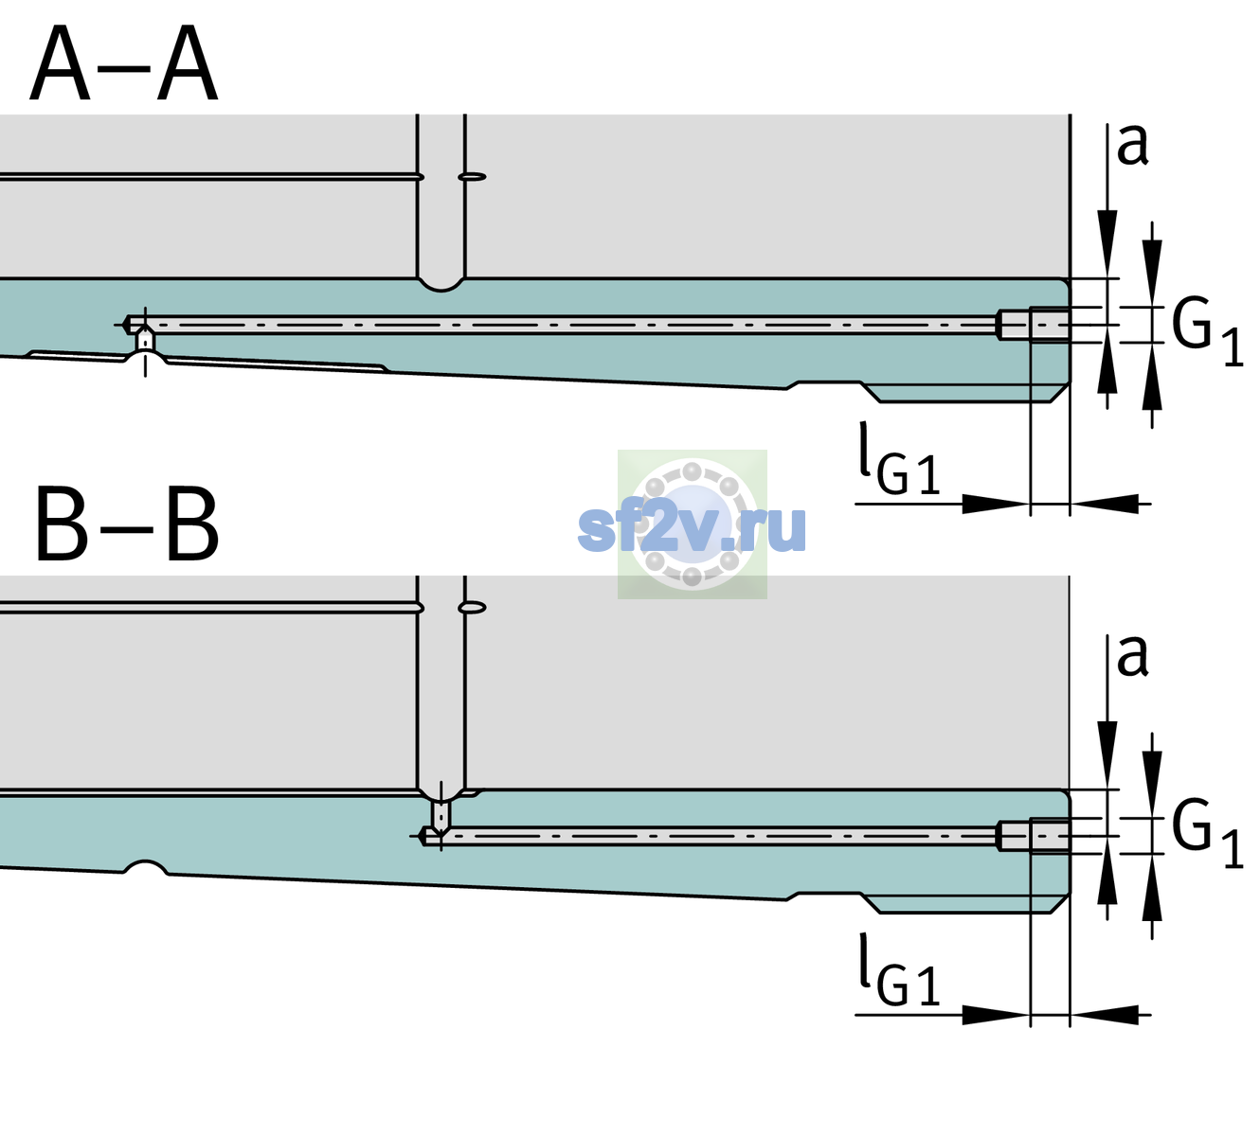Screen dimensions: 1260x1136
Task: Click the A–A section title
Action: (x=124, y=63)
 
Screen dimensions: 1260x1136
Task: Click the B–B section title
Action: (x=127, y=524)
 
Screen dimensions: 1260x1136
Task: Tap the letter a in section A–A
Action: (x=1132, y=146)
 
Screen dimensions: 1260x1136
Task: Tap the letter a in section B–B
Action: (x=1132, y=656)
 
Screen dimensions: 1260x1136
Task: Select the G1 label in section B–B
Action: (x=1207, y=835)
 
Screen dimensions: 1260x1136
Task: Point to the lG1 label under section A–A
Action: (x=899, y=458)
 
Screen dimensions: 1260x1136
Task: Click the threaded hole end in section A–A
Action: (x=1034, y=325)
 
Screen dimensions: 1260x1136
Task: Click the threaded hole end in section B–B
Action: (x=1034, y=836)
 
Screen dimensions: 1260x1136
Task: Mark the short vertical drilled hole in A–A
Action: (x=145, y=341)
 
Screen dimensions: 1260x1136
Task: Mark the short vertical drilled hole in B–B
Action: (x=441, y=815)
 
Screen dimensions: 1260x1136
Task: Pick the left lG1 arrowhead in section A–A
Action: (x=997, y=504)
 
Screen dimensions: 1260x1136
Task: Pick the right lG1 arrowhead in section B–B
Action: (x=1105, y=1014)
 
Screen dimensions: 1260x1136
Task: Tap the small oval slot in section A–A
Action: (x=473, y=177)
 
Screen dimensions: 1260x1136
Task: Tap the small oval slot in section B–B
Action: (x=473, y=608)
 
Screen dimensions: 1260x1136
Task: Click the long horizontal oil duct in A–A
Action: (x=562, y=325)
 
